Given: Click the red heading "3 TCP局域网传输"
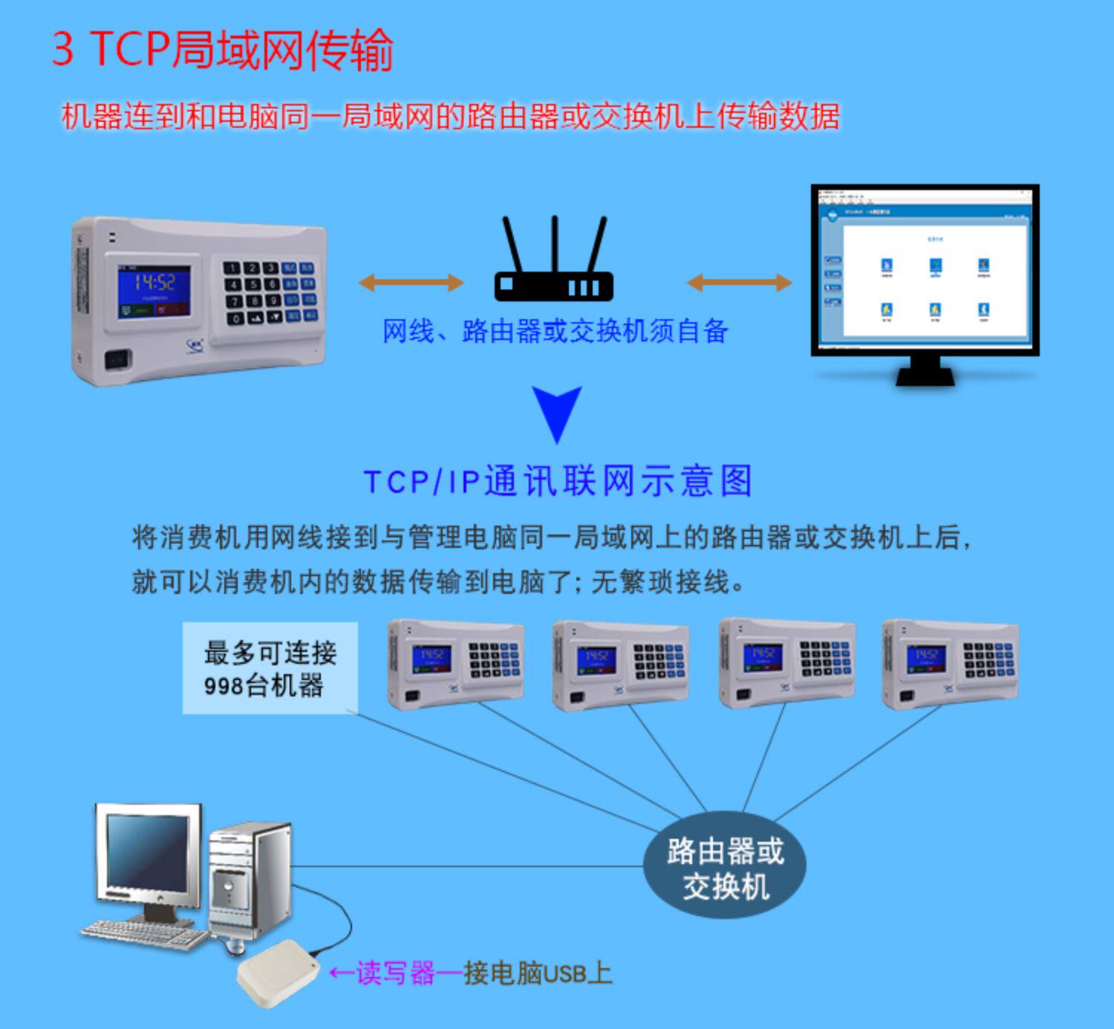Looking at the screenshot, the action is tap(222, 50).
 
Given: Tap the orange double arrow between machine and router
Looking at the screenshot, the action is tap(411, 282).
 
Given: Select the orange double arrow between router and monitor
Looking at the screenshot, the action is tap(739, 282).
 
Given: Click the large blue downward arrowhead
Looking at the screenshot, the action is tap(557, 412).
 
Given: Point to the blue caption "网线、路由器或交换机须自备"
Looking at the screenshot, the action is tap(555, 331).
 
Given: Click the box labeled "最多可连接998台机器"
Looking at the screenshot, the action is tap(270, 668).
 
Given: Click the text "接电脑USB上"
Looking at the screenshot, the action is tap(538, 973).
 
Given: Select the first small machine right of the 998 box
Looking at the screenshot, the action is tap(456, 663).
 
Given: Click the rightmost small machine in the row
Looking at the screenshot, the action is tap(950, 663).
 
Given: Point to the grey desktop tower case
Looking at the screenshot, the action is tap(249, 880).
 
